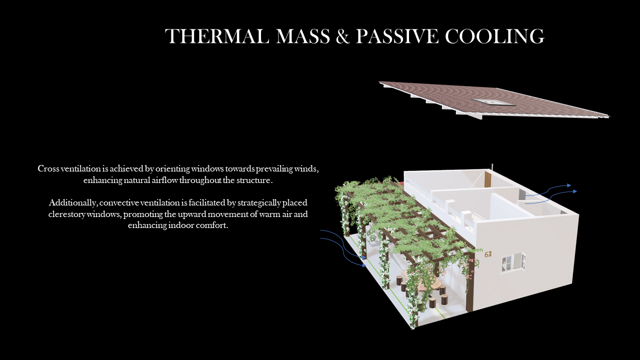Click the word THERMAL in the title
[217, 36]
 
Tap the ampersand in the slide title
[343, 36]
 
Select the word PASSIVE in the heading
[397, 36]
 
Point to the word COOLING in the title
[494, 36]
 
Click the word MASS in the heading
[303, 36]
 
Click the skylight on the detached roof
[493, 101]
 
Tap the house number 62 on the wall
[488, 254]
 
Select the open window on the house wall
[513, 262]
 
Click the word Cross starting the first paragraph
[48, 168]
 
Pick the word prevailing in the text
[274, 169]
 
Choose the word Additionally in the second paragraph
[73, 203]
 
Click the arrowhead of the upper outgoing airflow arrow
[569, 185]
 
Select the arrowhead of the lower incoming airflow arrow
[364, 265]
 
